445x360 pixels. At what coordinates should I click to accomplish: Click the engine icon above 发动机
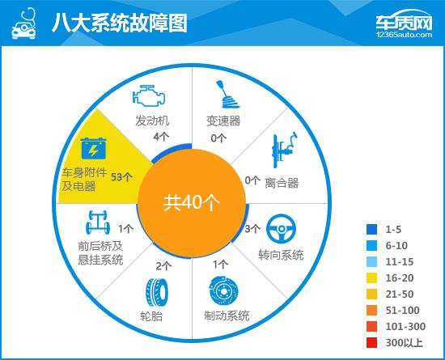click(149, 95)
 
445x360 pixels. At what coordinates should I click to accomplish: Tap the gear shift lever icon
click(227, 95)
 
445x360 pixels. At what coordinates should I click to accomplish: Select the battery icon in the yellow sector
click(93, 148)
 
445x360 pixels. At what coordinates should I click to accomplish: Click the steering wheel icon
click(281, 229)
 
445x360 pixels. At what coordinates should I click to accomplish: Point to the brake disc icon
click(223, 291)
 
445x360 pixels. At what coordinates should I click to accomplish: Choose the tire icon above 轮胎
click(157, 293)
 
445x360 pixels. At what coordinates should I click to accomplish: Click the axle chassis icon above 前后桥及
click(98, 222)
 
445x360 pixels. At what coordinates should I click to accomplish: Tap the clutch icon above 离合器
click(285, 150)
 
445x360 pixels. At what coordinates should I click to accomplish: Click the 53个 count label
click(121, 177)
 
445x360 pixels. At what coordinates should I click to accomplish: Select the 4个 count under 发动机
click(161, 137)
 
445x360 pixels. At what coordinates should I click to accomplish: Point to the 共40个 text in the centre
click(192, 203)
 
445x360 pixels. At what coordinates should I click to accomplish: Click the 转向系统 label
click(281, 255)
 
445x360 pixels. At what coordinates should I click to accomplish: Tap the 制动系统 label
click(227, 316)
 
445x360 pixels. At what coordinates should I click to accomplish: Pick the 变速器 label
click(223, 121)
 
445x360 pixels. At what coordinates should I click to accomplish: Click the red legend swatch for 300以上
click(372, 343)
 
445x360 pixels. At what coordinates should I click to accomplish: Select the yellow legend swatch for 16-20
click(372, 278)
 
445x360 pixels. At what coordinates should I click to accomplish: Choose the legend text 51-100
click(402, 311)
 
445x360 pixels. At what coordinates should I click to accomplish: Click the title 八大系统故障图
click(120, 23)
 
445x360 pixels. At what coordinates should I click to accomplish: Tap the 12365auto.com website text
click(404, 35)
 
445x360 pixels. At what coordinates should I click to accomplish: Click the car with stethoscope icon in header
click(24, 23)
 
